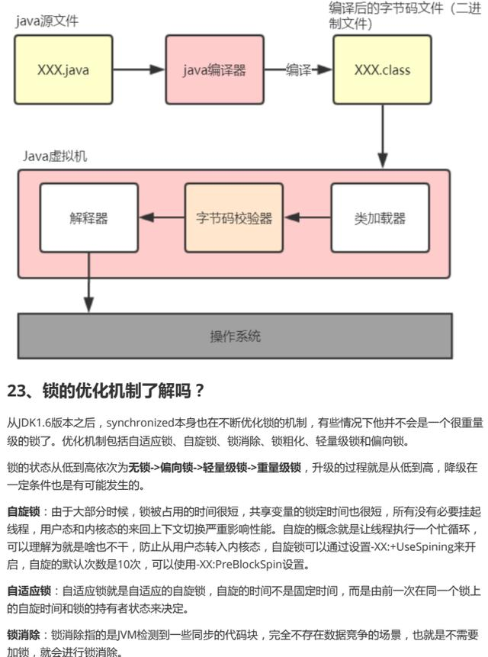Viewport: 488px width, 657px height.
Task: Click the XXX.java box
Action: (x=63, y=70)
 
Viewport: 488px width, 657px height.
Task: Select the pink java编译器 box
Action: (x=214, y=70)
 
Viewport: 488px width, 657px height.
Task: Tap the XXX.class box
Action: (x=382, y=70)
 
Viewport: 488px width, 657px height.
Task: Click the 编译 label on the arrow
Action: (x=298, y=70)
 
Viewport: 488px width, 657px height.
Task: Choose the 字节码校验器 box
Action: (x=233, y=218)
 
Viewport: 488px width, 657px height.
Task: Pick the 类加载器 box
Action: (x=380, y=218)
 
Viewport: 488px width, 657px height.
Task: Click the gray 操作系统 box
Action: (x=235, y=336)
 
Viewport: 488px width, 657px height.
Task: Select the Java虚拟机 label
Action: (x=54, y=156)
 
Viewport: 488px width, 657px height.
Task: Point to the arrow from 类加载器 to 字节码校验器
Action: (x=307, y=218)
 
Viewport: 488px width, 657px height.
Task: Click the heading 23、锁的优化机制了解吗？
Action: (x=106, y=392)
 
